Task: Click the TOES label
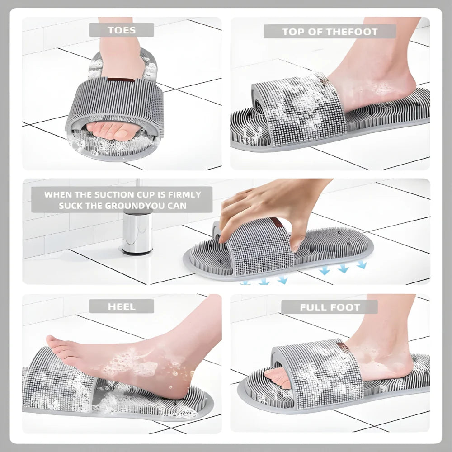(121, 30)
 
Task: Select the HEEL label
(121, 306)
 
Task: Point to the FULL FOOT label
(330, 307)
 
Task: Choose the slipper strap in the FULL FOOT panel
(312, 371)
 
